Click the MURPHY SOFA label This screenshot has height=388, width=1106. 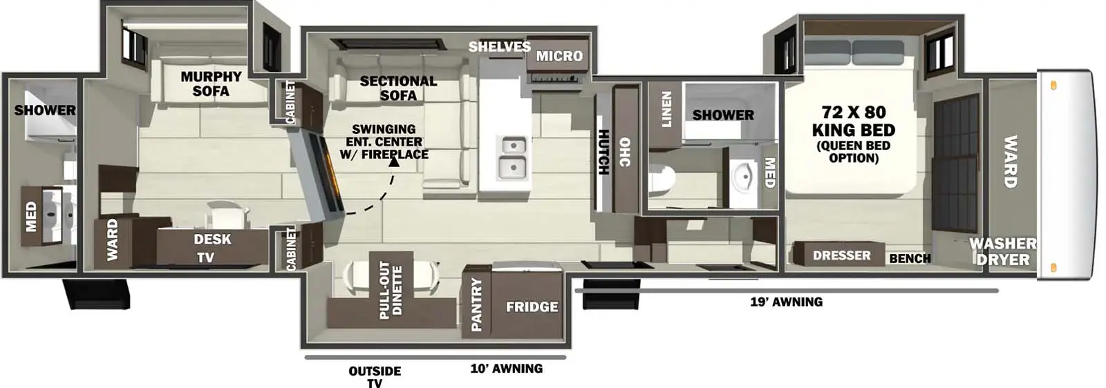pyautogui.click(x=211, y=84)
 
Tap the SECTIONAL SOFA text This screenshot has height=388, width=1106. pyautogui.click(x=398, y=88)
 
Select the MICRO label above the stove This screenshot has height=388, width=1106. pyautogui.click(x=559, y=56)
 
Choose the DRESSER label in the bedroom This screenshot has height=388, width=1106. pyautogui.click(x=841, y=255)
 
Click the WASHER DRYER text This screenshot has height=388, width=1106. pyautogui.click(x=1002, y=251)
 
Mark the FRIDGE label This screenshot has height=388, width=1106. pyautogui.click(x=532, y=307)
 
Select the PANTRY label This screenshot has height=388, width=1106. pyautogui.click(x=476, y=304)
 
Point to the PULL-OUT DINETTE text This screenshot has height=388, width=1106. pyautogui.click(x=391, y=290)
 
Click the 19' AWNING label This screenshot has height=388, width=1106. pyautogui.click(x=786, y=302)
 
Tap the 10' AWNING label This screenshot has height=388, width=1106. pyautogui.click(x=506, y=369)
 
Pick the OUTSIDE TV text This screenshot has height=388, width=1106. pyautogui.click(x=375, y=377)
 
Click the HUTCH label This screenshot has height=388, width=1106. pyautogui.click(x=603, y=152)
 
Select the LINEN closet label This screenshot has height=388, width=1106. pyautogui.click(x=666, y=109)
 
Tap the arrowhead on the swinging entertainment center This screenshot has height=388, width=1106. pyautogui.click(x=393, y=161)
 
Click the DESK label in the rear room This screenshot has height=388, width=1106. pyautogui.click(x=212, y=239)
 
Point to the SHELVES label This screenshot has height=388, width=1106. pyautogui.click(x=499, y=47)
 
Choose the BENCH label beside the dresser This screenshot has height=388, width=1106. pyautogui.click(x=909, y=258)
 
